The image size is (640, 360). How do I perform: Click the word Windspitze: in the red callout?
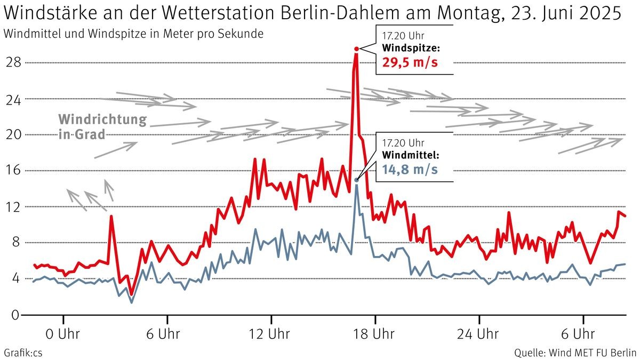pos(411,49)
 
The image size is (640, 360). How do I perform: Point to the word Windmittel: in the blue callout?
pos(411,155)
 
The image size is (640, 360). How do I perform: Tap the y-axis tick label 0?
pos(15,315)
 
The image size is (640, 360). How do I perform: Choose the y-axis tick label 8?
pos(15,243)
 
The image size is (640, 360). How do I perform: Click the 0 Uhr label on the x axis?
pos(63,334)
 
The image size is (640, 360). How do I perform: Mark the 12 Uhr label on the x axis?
pos(271,334)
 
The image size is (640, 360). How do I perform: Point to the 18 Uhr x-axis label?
pos(375,334)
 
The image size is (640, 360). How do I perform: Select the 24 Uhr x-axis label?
pos(479,334)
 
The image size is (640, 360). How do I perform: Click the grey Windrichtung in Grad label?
pos(101,126)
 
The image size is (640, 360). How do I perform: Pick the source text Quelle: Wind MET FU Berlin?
pos(575,353)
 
